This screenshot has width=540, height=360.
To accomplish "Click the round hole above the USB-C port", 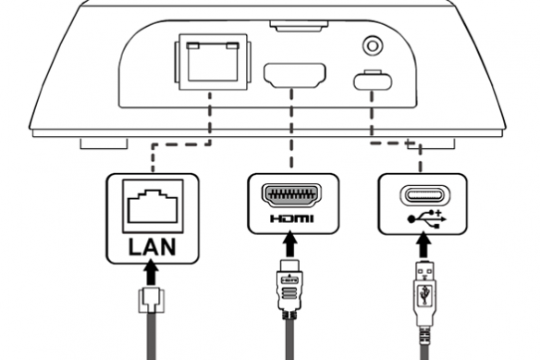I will tap(373, 43).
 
